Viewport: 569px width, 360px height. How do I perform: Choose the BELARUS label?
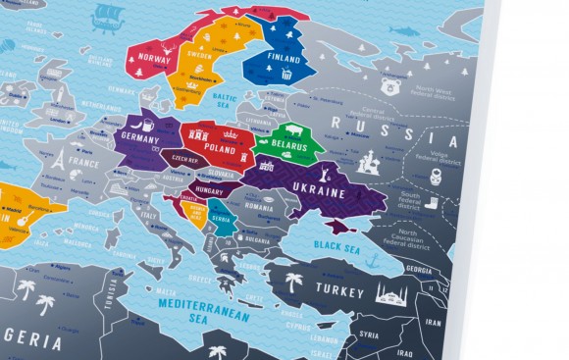pos(289,147)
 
